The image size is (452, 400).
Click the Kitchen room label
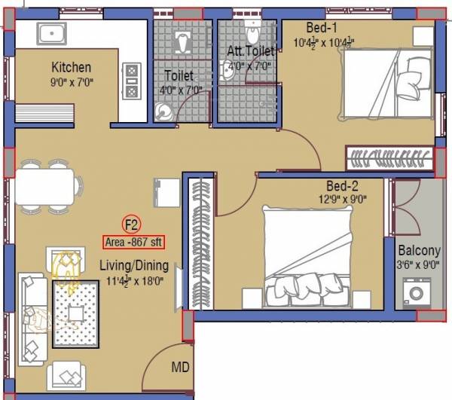pyautogui.click(x=71, y=67)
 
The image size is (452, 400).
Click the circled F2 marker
pyautogui.click(x=132, y=224)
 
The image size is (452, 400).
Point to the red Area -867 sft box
pyautogui.click(x=133, y=243)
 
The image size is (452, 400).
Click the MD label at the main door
pyautogui.click(x=180, y=368)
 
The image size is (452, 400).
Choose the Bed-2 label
pyautogui.click(x=341, y=186)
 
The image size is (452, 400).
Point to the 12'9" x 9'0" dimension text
pyautogui.click(x=341, y=200)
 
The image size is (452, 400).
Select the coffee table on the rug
pyautogui.click(x=75, y=313)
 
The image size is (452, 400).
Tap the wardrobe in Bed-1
pyautogui.click(x=389, y=158)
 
